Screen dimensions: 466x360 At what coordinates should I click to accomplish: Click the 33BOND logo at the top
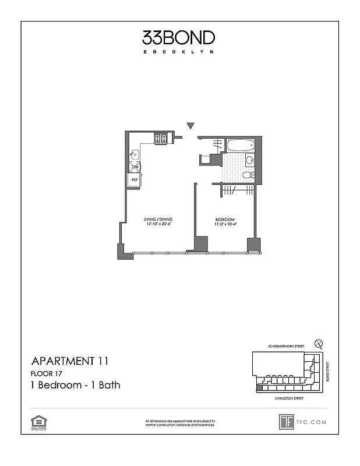pyautogui.click(x=179, y=38)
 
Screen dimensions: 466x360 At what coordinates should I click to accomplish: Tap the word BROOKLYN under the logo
pyautogui.click(x=179, y=52)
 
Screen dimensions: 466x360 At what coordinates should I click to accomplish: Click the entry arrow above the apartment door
pyautogui.click(x=190, y=126)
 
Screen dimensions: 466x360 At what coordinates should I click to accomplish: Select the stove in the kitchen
pyautogui.click(x=161, y=139)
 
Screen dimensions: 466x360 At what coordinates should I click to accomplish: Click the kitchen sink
pyautogui.click(x=134, y=155)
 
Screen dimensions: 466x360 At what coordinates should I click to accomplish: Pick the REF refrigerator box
pyautogui.click(x=135, y=180)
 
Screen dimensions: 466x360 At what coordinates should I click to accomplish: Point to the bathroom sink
pyautogui.click(x=249, y=160)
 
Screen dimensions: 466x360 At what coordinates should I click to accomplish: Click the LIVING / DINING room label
pyautogui.click(x=158, y=220)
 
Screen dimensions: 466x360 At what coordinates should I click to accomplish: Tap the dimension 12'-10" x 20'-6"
pyautogui.click(x=158, y=225)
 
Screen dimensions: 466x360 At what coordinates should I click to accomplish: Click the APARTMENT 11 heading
pyautogui.click(x=69, y=362)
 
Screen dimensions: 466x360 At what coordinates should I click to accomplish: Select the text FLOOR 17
pyautogui.click(x=46, y=373)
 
